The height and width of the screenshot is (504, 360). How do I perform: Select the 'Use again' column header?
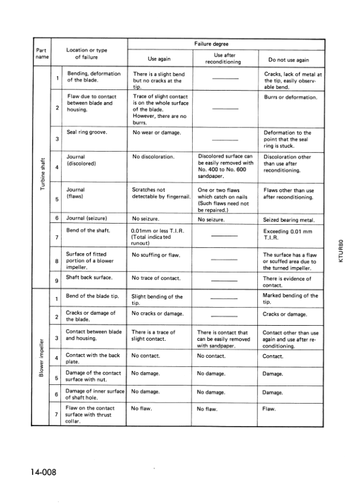[x=161, y=59]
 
